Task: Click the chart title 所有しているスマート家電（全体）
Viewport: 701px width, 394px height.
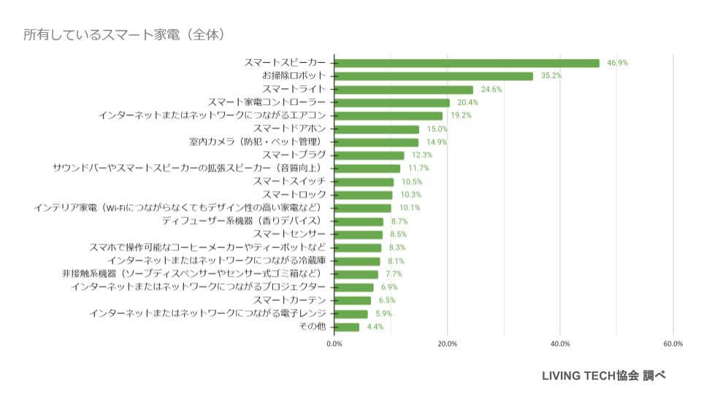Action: click(123, 34)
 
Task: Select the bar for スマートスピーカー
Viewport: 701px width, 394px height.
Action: click(467, 63)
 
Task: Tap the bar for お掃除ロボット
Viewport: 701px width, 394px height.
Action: click(434, 76)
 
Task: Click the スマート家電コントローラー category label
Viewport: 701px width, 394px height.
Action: click(267, 102)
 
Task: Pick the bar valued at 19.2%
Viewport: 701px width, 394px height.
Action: click(388, 115)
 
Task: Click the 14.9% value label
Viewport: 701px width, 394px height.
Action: click(437, 142)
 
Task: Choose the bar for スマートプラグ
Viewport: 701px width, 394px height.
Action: click(369, 155)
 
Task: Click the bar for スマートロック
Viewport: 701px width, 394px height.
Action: click(364, 195)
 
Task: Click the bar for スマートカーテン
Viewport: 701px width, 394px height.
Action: click(353, 300)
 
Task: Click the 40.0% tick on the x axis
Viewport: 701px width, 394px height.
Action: click(560, 344)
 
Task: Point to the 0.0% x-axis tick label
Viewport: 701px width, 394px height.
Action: click(334, 344)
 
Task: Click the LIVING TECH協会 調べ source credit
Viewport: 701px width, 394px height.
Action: click(603, 376)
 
